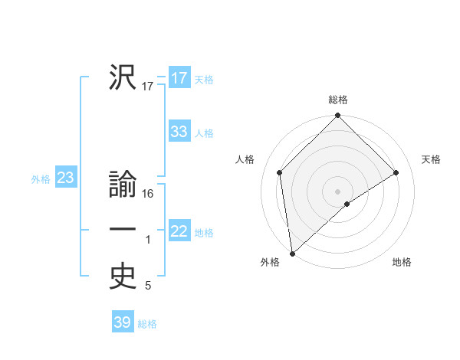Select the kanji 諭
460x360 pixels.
122,186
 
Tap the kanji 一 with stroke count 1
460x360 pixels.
122,231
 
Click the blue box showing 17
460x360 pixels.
179,78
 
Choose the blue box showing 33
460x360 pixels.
179,132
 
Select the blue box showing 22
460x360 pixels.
179,231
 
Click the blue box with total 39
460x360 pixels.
123,322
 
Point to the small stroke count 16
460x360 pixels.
149,194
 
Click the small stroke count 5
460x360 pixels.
148,286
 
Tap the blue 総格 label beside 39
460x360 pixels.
147,324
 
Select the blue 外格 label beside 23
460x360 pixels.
41,179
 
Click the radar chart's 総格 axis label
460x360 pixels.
338,100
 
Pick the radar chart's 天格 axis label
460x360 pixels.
431,159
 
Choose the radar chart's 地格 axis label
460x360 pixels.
402,263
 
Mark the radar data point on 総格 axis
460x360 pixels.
338,116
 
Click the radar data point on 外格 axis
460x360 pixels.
291,254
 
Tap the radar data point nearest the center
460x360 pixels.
347,204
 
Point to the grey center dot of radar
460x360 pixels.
338,191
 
